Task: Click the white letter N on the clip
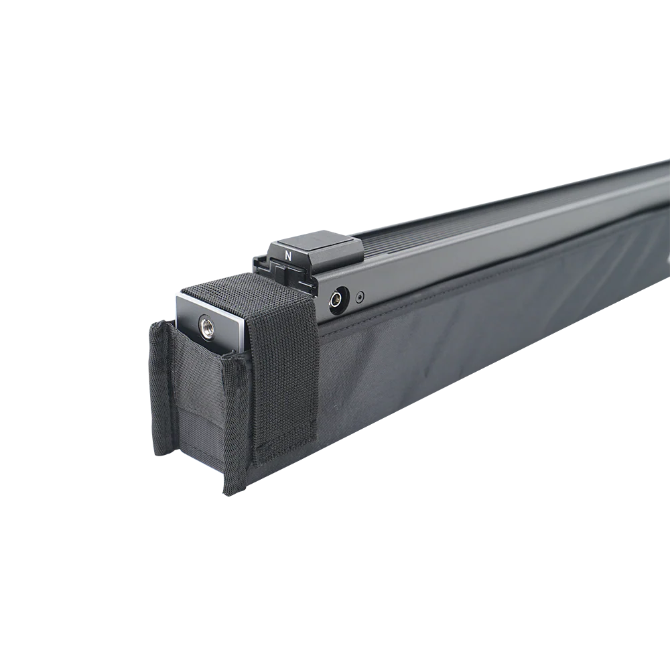pos(288,257)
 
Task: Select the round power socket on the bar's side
pos(338,297)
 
